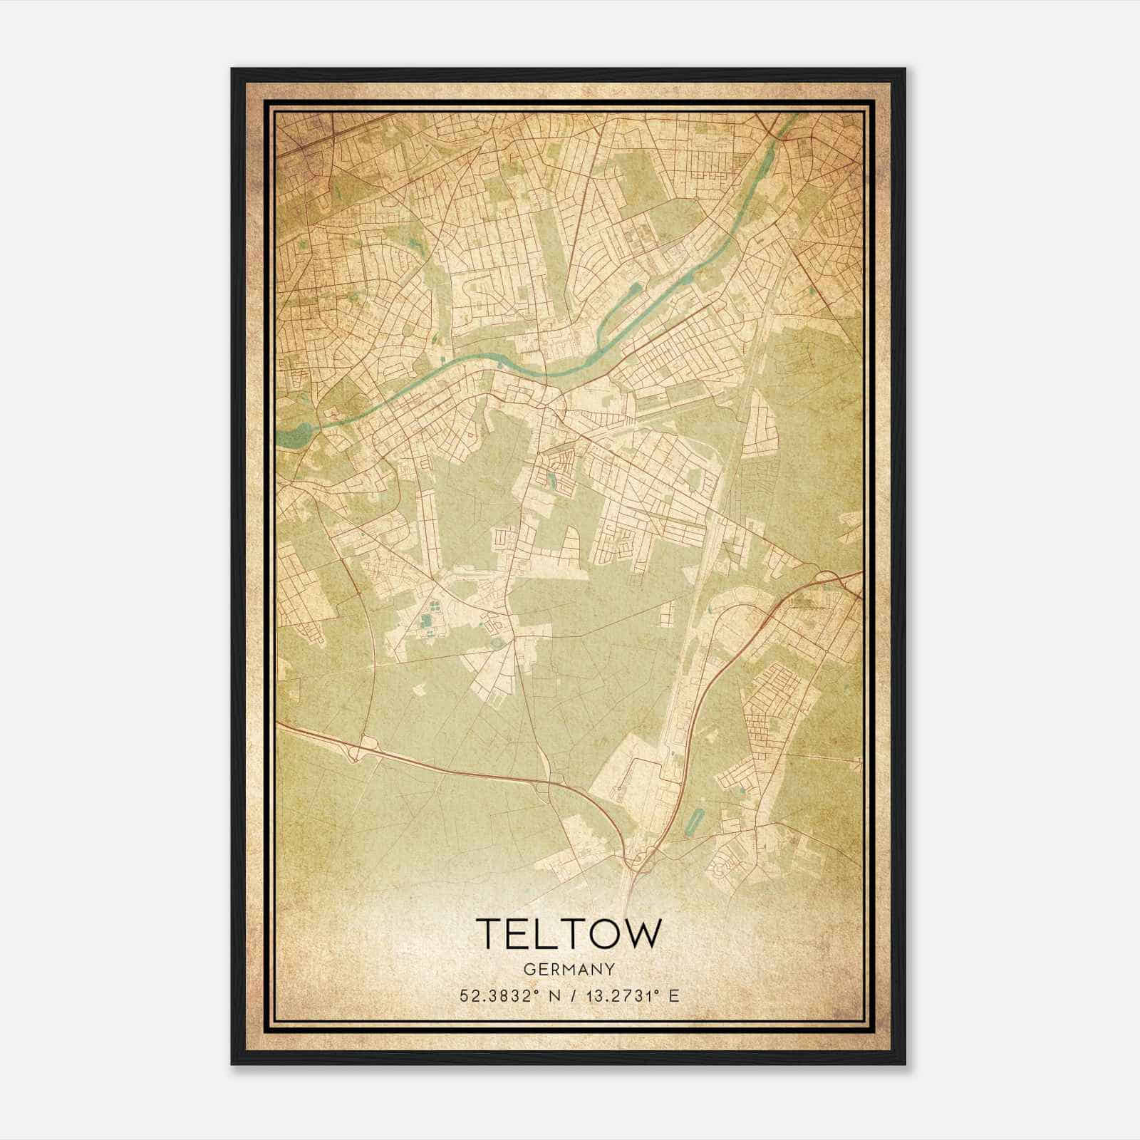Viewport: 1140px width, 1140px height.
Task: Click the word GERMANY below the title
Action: click(x=569, y=969)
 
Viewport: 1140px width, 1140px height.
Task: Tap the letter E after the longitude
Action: click(x=673, y=995)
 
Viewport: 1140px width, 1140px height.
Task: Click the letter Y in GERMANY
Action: click(x=609, y=969)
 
